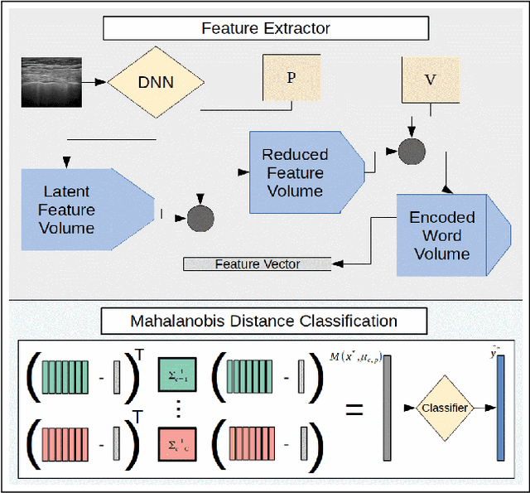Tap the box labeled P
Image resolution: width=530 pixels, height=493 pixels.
(x=291, y=78)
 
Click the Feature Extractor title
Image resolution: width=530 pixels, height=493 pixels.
(x=266, y=28)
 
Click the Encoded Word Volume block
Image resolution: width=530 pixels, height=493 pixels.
(x=441, y=235)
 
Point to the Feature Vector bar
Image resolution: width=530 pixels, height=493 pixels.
(x=258, y=264)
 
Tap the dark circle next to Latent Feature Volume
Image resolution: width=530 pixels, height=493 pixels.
(x=200, y=218)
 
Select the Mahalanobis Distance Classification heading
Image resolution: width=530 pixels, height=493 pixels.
(x=263, y=321)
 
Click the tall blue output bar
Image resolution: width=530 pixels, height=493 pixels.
(x=500, y=407)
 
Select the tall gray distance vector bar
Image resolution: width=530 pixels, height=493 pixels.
(x=387, y=407)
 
